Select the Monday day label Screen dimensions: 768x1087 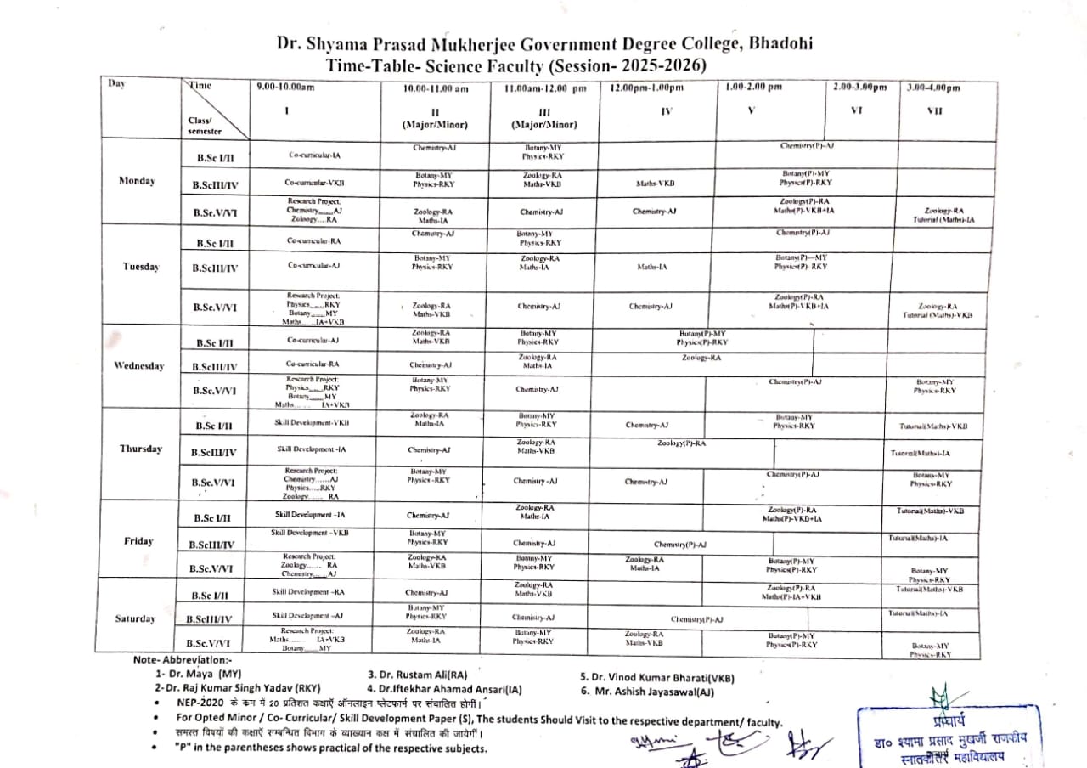(138, 181)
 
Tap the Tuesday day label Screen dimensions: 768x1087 (140, 267)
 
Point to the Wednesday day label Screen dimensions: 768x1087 (139, 365)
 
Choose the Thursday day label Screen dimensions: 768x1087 (140, 449)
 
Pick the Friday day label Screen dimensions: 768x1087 (138, 541)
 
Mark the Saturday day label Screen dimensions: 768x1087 (136, 618)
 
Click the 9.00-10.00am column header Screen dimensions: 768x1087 (285, 87)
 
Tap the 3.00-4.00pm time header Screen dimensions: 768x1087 (933, 88)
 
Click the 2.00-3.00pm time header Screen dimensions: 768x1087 (859, 87)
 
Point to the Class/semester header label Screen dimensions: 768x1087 (205, 126)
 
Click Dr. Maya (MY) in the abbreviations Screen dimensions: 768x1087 (193, 673)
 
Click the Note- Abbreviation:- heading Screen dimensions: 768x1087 (183, 659)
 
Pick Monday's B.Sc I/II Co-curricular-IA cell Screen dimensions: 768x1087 (314, 155)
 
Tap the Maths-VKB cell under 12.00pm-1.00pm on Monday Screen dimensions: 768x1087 (655, 183)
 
